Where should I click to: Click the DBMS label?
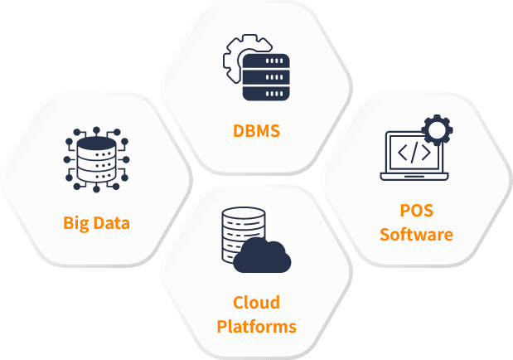pyautogui.click(x=256, y=130)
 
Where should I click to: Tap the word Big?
pyautogui.click(x=77, y=223)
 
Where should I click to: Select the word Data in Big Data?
pyautogui.click(x=112, y=223)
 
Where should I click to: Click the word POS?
pyautogui.click(x=416, y=211)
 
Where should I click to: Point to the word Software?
pyautogui.click(x=416, y=235)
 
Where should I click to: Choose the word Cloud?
pyautogui.click(x=256, y=302)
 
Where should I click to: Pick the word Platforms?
pyautogui.click(x=256, y=326)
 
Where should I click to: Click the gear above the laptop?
pyautogui.click(x=436, y=129)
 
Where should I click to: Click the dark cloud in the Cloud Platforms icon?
pyautogui.click(x=261, y=257)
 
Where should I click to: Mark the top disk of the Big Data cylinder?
pyautogui.click(x=96, y=144)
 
